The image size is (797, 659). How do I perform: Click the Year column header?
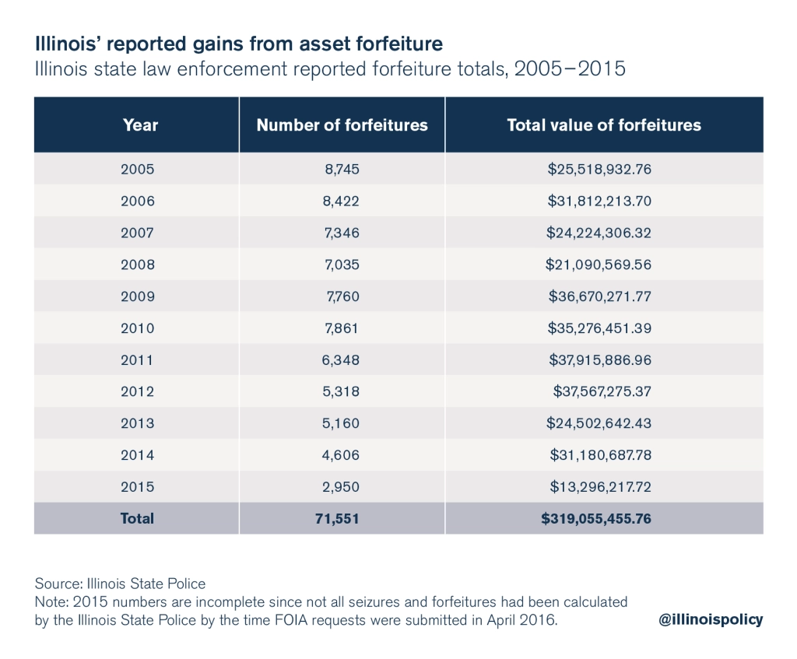tap(140, 125)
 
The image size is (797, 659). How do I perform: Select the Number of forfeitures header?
tap(342, 125)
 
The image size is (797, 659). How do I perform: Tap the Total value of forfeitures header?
tap(603, 125)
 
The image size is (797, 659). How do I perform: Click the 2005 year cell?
tap(138, 169)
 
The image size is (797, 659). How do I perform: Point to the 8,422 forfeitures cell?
tap(342, 201)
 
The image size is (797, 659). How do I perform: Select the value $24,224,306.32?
tap(598, 233)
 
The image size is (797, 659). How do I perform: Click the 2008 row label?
tap(138, 265)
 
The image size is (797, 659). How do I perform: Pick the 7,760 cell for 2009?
tap(343, 296)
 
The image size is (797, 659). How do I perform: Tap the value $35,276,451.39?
tap(598, 328)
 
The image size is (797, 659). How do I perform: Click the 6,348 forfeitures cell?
tap(342, 360)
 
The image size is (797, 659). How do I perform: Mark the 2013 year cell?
tap(138, 423)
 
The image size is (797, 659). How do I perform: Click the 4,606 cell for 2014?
tap(342, 455)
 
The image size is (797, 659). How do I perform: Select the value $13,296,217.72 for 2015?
tap(598, 487)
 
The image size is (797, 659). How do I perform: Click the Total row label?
tap(138, 518)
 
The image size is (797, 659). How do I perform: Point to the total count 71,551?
tap(342, 518)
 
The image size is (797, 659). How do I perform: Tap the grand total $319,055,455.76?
tap(596, 518)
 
